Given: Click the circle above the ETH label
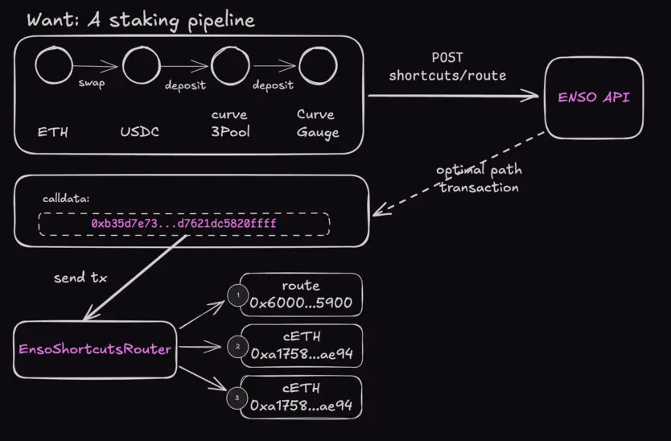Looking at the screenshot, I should coord(54,65).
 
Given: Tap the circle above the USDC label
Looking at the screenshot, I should coord(142,65).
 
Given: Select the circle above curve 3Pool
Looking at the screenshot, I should coord(229,65).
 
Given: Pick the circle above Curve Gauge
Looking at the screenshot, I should coord(318,65).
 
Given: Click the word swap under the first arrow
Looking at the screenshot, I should coord(92,84).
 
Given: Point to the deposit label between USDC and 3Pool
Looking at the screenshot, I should coord(185,85).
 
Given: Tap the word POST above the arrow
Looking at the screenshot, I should coord(448,58).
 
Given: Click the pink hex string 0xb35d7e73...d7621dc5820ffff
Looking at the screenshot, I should coord(184,222).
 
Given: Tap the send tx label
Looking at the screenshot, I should coord(80,278).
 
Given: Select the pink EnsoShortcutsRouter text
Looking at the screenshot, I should coord(95,349).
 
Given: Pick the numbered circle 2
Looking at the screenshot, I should coord(237,347).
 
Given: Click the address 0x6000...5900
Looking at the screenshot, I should coord(301,303).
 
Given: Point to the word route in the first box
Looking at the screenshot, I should coord(301,285).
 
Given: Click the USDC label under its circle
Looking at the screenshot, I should coord(140,131).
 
